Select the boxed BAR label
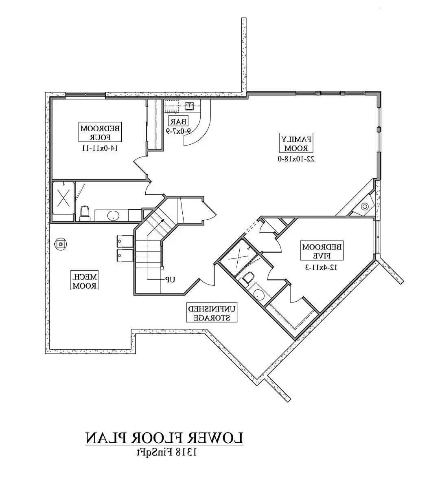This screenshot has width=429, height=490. tap(179, 121)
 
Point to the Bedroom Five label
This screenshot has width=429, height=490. tap(322, 251)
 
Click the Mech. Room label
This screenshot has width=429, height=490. tap(85, 280)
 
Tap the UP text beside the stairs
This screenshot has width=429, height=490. tap(170, 279)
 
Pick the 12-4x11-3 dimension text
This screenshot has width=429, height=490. tap(322, 267)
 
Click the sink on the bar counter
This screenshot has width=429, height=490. tap(189, 107)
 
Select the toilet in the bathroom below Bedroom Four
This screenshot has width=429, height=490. tap(85, 213)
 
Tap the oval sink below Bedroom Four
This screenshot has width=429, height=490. tap(113, 215)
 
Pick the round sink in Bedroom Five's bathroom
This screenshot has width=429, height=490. tap(258, 294)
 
